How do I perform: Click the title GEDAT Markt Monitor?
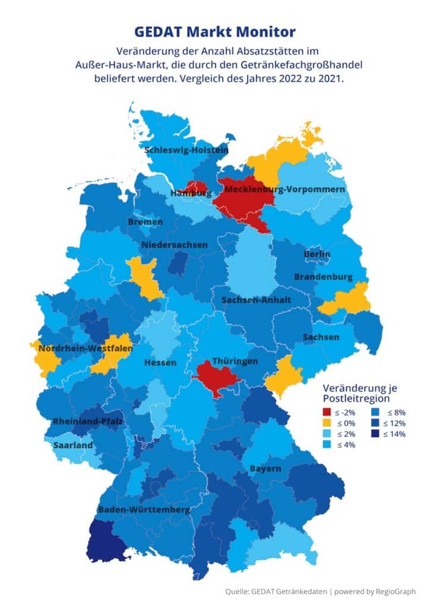coord(214,31)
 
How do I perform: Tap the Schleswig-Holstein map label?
coord(186,150)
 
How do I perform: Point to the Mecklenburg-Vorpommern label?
coord(285,189)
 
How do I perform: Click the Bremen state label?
coord(145,221)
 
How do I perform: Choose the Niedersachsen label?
coord(175,245)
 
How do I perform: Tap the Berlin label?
coord(317,254)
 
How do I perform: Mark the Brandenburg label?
coord(323,277)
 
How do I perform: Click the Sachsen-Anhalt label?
coord(256,300)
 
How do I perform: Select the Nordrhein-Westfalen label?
coord(85,349)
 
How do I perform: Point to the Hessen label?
coord(160,362)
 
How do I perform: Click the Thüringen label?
coord(235,361)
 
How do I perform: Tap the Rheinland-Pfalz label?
coord(87,422)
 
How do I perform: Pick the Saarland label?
coord(72,445)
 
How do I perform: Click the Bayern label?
coord(265,468)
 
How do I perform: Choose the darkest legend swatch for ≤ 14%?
coord(375,433)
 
